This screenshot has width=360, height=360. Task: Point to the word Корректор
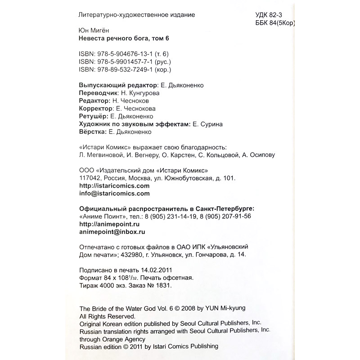tap(95, 108)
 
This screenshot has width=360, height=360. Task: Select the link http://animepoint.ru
tap(109, 224)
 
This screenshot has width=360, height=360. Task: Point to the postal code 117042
tap(91, 178)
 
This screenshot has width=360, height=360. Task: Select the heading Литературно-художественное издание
tap(137, 15)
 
